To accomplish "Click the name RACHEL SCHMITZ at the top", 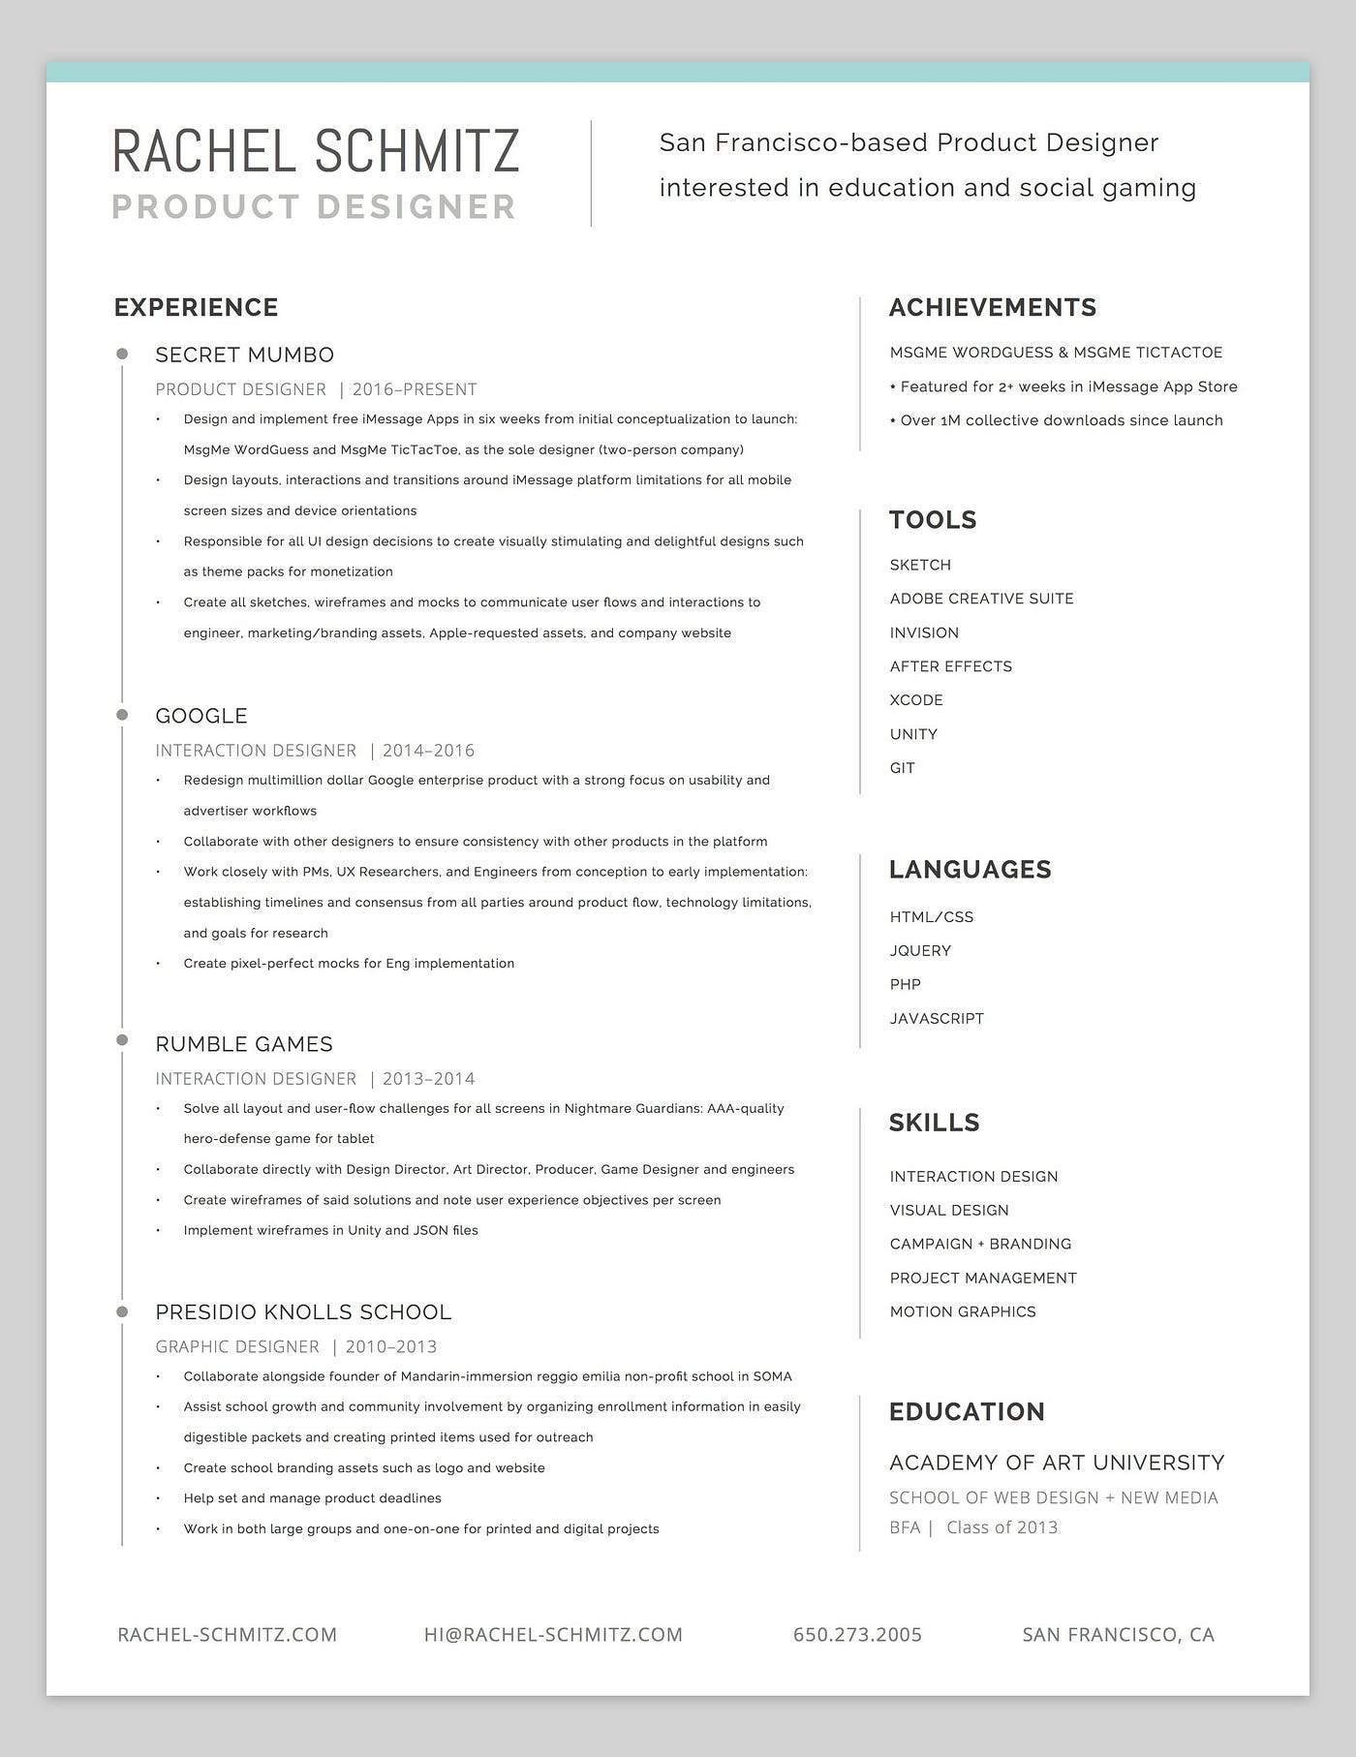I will click(x=316, y=151).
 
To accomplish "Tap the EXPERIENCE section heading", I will click(x=196, y=307).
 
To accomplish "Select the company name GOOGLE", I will click(x=201, y=716).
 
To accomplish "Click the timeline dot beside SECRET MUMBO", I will click(x=122, y=354).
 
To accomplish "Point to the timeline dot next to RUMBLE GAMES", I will click(x=122, y=1040).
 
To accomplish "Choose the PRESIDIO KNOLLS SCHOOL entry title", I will click(x=303, y=1312).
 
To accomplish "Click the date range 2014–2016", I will click(x=428, y=751).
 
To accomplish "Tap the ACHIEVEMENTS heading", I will click(x=993, y=307).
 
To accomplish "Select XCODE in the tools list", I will click(x=916, y=700).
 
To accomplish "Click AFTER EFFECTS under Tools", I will click(x=951, y=666).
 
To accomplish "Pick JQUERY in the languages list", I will click(x=920, y=950).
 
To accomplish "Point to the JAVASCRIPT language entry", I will click(x=937, y=1018).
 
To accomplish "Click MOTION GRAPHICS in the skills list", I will click(x=963, y=1311).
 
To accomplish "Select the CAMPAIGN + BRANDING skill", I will click(x=980, y=1244).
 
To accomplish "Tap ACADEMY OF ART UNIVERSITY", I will click(x=1057, y=1463).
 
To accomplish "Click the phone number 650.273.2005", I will click(x=857, y=1635).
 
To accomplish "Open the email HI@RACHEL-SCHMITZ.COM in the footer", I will click(x=553, y=1635).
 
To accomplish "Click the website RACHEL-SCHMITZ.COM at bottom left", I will click(x=228, y=1635).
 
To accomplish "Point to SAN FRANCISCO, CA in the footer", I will click(x=1118, y=1635).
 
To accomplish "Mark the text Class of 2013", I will click(x=1002, y=1527).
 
